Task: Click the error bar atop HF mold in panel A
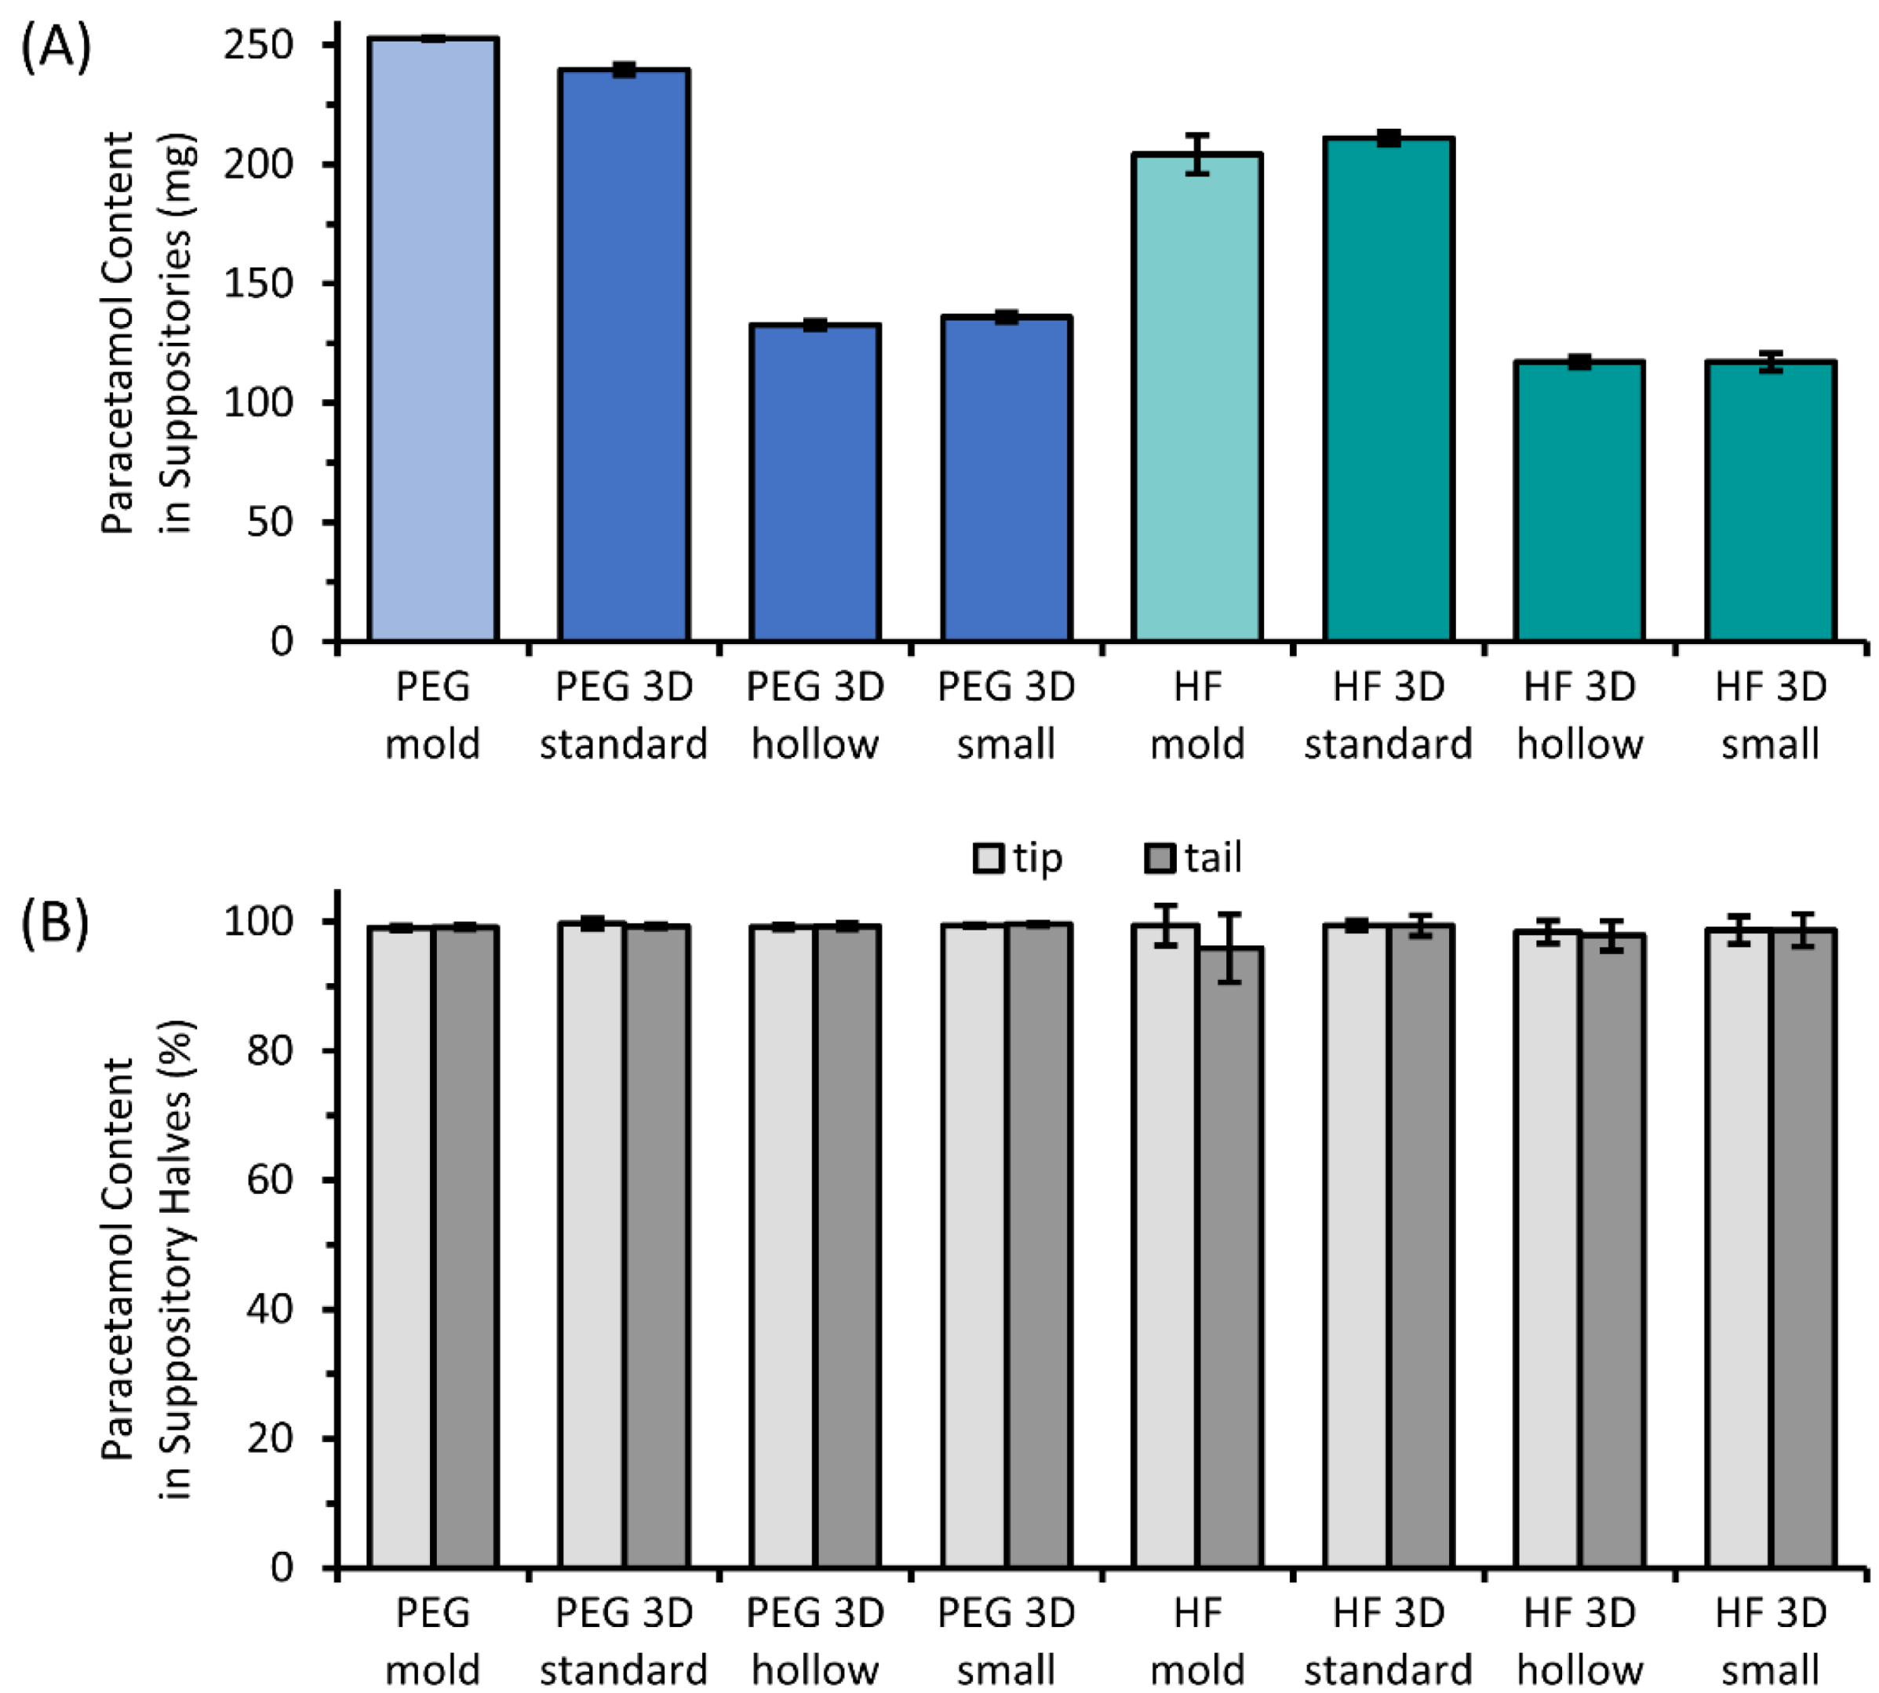[1197, 154]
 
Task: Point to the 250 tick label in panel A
[257, 45]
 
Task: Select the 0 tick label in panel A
[281, 641]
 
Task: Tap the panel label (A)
[56, 46]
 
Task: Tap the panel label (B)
[56, 923]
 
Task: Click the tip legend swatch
[988, 857]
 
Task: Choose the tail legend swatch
[1159, 857]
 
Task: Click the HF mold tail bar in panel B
[1229, 1256]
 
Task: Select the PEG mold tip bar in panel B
[401, 1247]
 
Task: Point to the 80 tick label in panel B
[270, 1050]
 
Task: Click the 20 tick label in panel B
[270, 1438]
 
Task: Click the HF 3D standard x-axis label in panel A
[1388, 715]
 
